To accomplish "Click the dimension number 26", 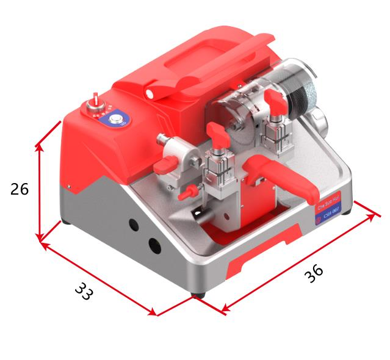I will coord(20,189).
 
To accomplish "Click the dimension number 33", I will coord(84,291).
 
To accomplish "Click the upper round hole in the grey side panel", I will coord(134,225).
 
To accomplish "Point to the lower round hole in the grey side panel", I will coord(155,246).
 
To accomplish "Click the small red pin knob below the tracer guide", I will coord(188,193).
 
